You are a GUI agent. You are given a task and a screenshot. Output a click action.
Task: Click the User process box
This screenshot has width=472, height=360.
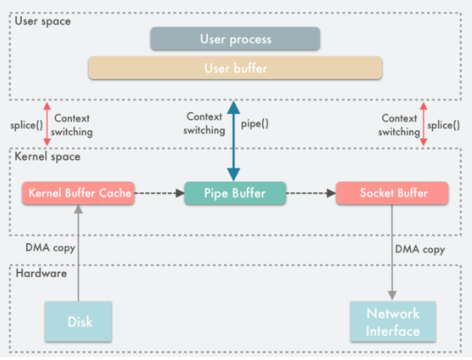(x=235, y=39)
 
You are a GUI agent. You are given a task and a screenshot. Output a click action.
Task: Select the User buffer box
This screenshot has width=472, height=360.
(x=235, y=68)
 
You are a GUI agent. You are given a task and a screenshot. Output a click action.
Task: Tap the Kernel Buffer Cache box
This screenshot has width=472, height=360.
(x=78, y=193)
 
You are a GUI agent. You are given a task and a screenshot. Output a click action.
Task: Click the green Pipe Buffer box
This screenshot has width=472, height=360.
(x=235, y=193)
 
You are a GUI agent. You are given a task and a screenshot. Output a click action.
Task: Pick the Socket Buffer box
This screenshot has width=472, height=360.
(x=392, y=193)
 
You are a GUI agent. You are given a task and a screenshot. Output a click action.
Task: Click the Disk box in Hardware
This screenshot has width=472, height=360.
(x=80, y=322)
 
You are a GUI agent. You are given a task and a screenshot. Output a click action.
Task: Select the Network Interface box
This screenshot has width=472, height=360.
(x=392, y=322)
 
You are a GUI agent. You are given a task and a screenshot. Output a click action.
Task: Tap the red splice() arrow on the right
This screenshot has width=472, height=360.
(x=423, y=124)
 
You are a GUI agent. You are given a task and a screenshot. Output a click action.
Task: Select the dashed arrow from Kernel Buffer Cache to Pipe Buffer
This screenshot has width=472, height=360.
(x=159, y=192)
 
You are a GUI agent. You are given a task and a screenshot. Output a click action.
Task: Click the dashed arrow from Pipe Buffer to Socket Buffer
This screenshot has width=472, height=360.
(x=311, y=192)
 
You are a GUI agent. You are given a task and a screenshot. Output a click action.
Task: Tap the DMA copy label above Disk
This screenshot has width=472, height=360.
(x=50, y=247)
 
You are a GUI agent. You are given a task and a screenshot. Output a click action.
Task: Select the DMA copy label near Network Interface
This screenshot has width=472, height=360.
(x=420, y=249)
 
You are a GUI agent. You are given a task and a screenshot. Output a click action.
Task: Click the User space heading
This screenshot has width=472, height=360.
(x=42, y=21)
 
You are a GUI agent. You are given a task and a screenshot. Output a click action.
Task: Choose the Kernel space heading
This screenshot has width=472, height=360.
(x=47, y=156)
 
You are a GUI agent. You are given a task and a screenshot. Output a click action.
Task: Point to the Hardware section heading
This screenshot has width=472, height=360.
(x=40, y=272)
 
